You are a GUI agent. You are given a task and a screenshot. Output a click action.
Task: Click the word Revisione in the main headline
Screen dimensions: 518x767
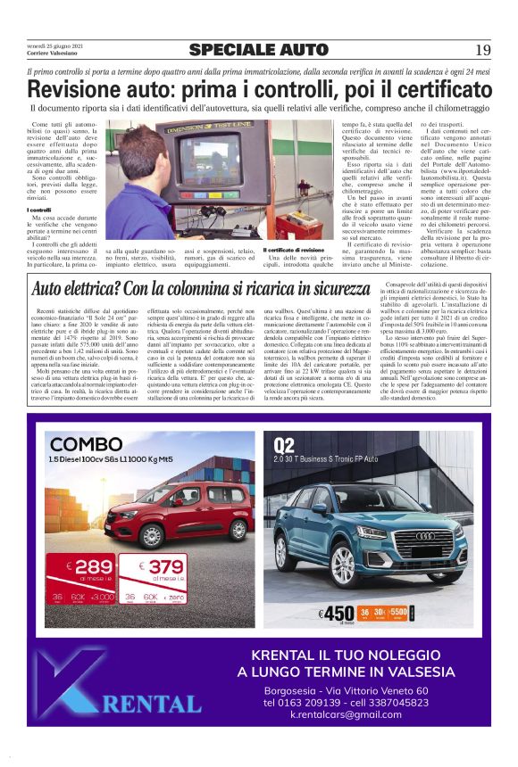click(75, 89)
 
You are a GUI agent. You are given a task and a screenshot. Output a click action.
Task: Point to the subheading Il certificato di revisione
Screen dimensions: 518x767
click(294, 251)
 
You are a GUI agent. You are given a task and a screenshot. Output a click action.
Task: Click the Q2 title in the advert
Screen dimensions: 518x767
click(285, 444)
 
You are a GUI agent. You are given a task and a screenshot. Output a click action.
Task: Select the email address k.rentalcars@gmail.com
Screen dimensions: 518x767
click(347, 714)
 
